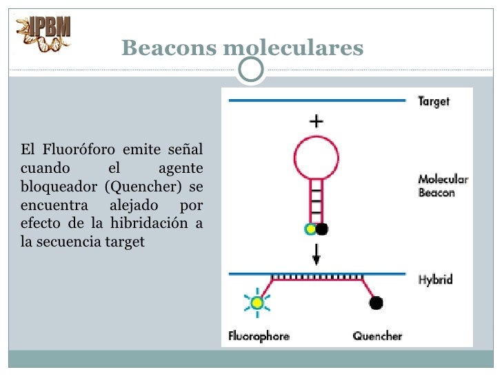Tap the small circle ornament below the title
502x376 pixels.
[250, 67]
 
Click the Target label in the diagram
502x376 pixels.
[434, 102]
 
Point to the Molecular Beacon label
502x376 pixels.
[443, 186]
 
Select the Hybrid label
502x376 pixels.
[435, 280]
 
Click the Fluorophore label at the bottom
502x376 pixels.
[259, 337]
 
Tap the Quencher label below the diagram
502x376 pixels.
[377, 337]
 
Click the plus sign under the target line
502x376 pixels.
[316, 122]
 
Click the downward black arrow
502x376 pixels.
[317, 255]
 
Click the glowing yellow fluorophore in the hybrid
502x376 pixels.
[257, 302]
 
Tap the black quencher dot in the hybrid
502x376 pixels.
[376, 302]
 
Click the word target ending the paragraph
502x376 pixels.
[125, 242]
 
